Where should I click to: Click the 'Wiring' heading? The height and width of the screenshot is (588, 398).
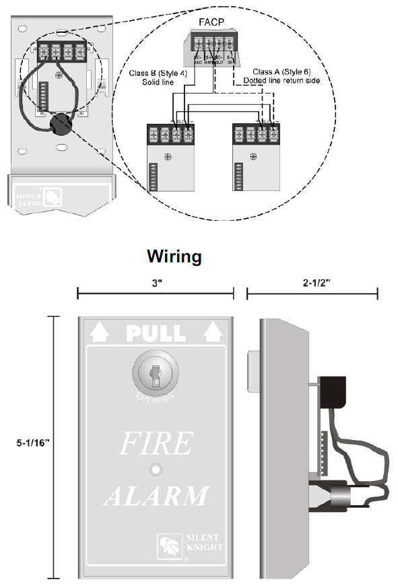[x=174, y=256]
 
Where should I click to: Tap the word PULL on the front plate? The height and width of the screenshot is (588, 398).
[x=156, y=332]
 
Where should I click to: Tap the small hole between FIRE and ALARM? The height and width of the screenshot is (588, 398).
[x=156, y=469]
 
